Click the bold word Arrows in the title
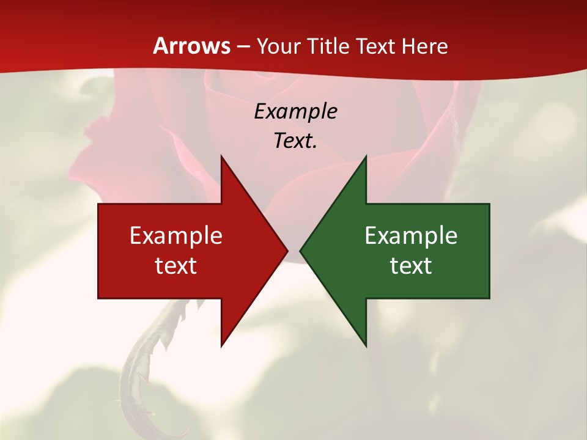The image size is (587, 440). coord(191,46)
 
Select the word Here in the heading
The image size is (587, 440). coord(424,46)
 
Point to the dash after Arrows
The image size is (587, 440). coord(243,46)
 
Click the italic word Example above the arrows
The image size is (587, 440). coord(295,111)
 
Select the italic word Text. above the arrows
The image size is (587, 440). coord(295,141)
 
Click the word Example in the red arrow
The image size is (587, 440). coord(176,236)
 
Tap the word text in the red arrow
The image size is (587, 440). coord(176,266)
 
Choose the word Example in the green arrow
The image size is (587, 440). coord(411,236)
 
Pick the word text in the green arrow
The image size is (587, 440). coord(411,266)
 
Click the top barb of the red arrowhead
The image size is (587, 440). coord(222,160)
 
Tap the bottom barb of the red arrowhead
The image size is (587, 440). coord(222,342)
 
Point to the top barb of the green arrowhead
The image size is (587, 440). coord(365,160)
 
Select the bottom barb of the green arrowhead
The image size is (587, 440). coord(365,342)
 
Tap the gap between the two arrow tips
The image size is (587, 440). coord(293,251)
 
